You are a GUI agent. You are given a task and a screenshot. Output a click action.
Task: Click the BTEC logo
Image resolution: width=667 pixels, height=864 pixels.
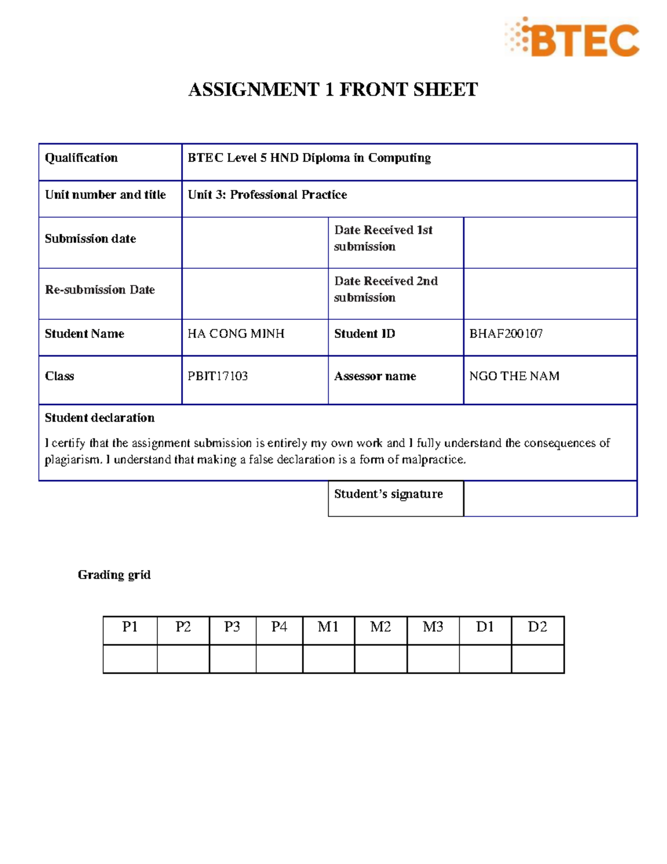573,37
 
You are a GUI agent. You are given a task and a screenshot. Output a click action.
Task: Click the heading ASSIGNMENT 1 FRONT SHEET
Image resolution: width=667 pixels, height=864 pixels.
333,90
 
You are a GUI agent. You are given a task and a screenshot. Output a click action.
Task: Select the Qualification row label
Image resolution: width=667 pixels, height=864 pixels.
81,158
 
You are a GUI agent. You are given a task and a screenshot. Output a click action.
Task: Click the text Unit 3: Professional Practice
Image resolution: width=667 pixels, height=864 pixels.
267,195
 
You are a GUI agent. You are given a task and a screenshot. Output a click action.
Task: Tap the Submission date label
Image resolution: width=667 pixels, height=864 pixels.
90,239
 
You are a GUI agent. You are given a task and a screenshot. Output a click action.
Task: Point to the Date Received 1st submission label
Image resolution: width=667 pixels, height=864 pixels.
383,238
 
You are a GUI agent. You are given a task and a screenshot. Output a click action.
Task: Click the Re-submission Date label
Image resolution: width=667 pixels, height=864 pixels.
99,290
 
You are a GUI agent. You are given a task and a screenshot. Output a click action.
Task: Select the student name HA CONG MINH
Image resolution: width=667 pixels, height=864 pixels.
236,334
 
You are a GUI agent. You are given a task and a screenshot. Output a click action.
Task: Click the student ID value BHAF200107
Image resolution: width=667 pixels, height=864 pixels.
506,334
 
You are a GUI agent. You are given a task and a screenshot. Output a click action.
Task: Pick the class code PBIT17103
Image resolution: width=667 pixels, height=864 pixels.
217,376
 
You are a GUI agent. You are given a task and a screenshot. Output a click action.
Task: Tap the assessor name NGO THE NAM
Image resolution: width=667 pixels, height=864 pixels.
514,376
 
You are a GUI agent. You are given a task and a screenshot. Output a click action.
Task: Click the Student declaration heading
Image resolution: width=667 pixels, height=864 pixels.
99,418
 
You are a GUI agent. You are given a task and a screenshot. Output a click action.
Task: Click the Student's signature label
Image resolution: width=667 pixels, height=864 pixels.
388,494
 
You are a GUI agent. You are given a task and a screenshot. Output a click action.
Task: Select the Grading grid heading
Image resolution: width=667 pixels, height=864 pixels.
114,575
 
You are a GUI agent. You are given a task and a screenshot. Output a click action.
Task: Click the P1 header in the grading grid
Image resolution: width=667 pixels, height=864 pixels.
130,627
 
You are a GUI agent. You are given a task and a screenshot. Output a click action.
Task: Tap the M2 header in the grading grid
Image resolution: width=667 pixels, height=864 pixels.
380,627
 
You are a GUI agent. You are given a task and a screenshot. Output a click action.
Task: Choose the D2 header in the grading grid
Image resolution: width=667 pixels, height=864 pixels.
537,627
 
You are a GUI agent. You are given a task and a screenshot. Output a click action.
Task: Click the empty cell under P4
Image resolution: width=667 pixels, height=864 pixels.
279,659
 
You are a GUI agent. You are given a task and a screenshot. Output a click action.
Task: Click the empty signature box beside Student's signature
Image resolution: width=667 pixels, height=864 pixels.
550,498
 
